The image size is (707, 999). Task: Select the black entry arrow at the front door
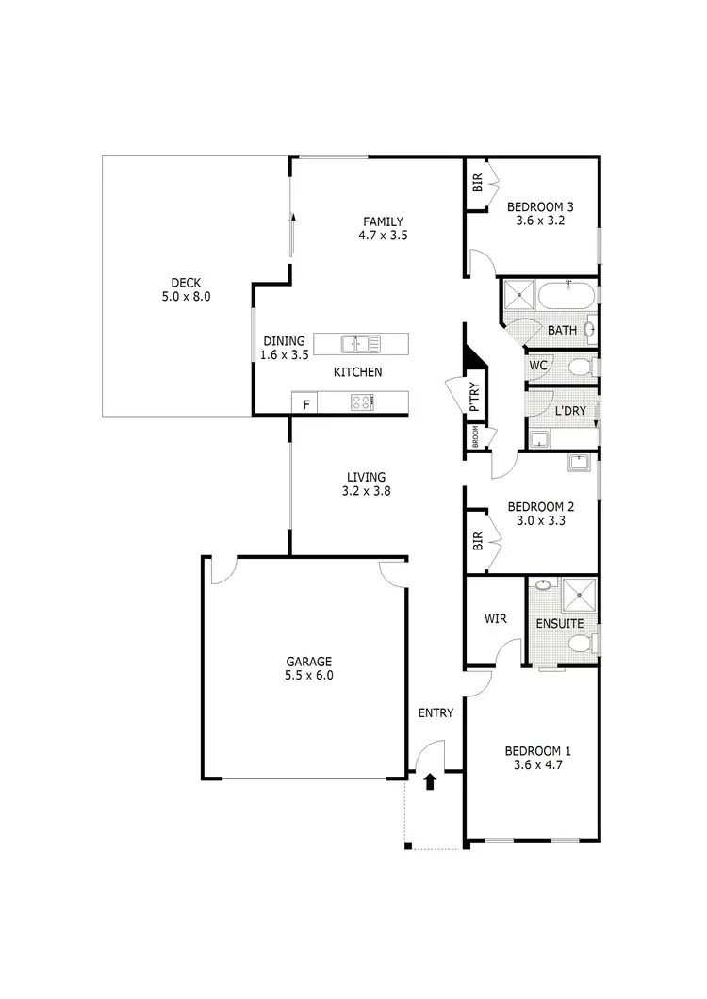point(431,781)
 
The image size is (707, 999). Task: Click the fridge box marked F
point(304,404)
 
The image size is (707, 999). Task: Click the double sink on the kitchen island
point(353,343)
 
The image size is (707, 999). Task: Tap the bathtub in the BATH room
point(567,297)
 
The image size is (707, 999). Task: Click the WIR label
point(496,620)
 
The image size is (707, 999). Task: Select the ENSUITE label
point(560,624)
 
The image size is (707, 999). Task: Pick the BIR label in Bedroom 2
point(477,541)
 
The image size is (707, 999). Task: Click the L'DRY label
point(569,412)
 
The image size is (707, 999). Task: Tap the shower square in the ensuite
point(575,596)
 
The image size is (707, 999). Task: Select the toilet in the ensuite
point(583,645)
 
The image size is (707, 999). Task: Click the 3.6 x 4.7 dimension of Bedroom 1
point(537,766)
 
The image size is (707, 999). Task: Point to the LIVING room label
point(365,477)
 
